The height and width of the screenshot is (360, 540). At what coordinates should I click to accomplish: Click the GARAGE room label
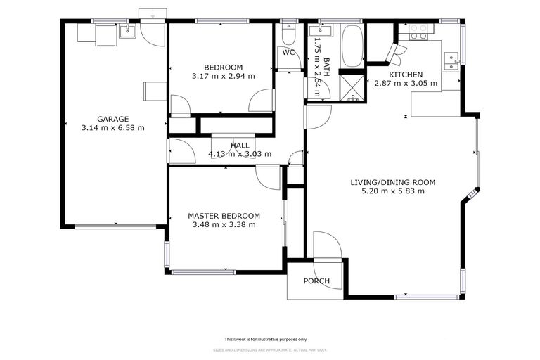pos(112,119)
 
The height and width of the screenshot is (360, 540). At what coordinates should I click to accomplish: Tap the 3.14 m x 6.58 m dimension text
pos(112,128)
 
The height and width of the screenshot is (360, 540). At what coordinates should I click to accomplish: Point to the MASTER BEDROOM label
pos(224,216)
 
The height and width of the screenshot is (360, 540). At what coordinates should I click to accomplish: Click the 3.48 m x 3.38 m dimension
pos(224,225)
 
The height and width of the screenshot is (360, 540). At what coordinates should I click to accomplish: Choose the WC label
pos(288,53)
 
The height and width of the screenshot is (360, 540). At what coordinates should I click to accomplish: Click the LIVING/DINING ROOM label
pos(392,182)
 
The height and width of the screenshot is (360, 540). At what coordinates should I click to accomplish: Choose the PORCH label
pos(316,281)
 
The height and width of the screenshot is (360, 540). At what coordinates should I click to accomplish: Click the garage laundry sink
pos(128,30)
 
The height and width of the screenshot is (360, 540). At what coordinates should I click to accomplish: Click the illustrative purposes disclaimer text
pos(269,338)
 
